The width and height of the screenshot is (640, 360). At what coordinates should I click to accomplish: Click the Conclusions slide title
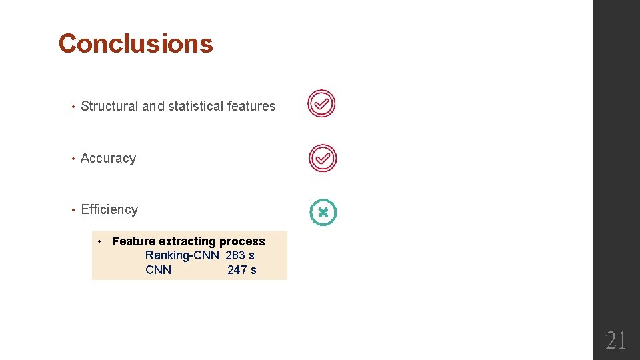click(x=135, y=44)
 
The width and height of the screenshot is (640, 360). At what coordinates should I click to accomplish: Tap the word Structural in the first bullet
click(x=109, y=106)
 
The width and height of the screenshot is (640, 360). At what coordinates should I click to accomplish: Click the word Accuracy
click(x=108, y=159)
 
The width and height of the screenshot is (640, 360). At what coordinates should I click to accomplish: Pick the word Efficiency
click(x=109, y=210)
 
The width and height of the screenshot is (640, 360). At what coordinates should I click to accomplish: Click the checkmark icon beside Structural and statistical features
click(x=321, y=104)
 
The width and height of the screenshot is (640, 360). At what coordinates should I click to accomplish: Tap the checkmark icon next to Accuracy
click(x=323, y=159)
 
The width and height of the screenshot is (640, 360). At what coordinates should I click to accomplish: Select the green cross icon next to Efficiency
click(x=323, y=213)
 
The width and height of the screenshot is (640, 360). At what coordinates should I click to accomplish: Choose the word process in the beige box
click(x=242, y=241)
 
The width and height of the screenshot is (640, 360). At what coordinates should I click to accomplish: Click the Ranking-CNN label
click(x=182, y=255)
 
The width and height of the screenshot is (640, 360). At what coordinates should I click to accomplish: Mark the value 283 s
click(x=240, y=255)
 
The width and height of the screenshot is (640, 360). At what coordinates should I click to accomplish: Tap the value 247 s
click(x=241, y=270)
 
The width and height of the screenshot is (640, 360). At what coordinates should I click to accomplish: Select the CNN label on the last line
click(x=158, y=270)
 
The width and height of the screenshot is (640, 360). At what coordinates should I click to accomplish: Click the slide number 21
click(x=616, y=341)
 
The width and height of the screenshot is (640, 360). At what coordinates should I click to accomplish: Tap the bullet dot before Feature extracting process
click(x=99, y=241)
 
